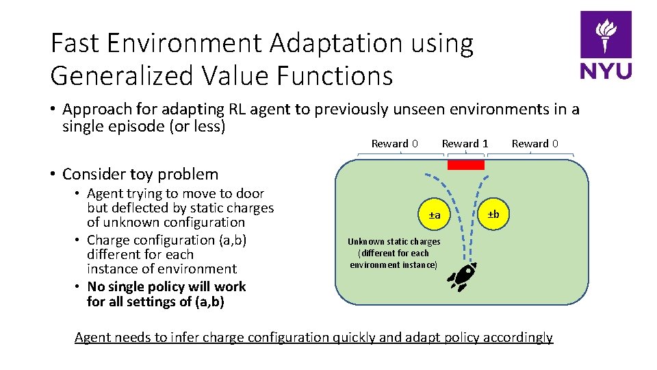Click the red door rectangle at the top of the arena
pyautogui.click(x=465, y=164)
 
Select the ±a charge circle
pyautogui.click(x=435, y=216)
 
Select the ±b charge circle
pyautogui.click(x=493, y=214)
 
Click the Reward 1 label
pyautogui.click(x=465, y=143)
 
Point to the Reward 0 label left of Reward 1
pyautogui.click(x=394, y=143)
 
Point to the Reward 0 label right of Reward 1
pyautogui.click(x=534, y=143)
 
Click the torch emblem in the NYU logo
pyautogui.click(x=606, y=35)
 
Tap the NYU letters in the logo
pyautogui.click(x=606, y=71)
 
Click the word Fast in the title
pyautogui.click(x=75, y=44)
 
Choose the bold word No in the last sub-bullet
pyautogui.click(x=96, y=286)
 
